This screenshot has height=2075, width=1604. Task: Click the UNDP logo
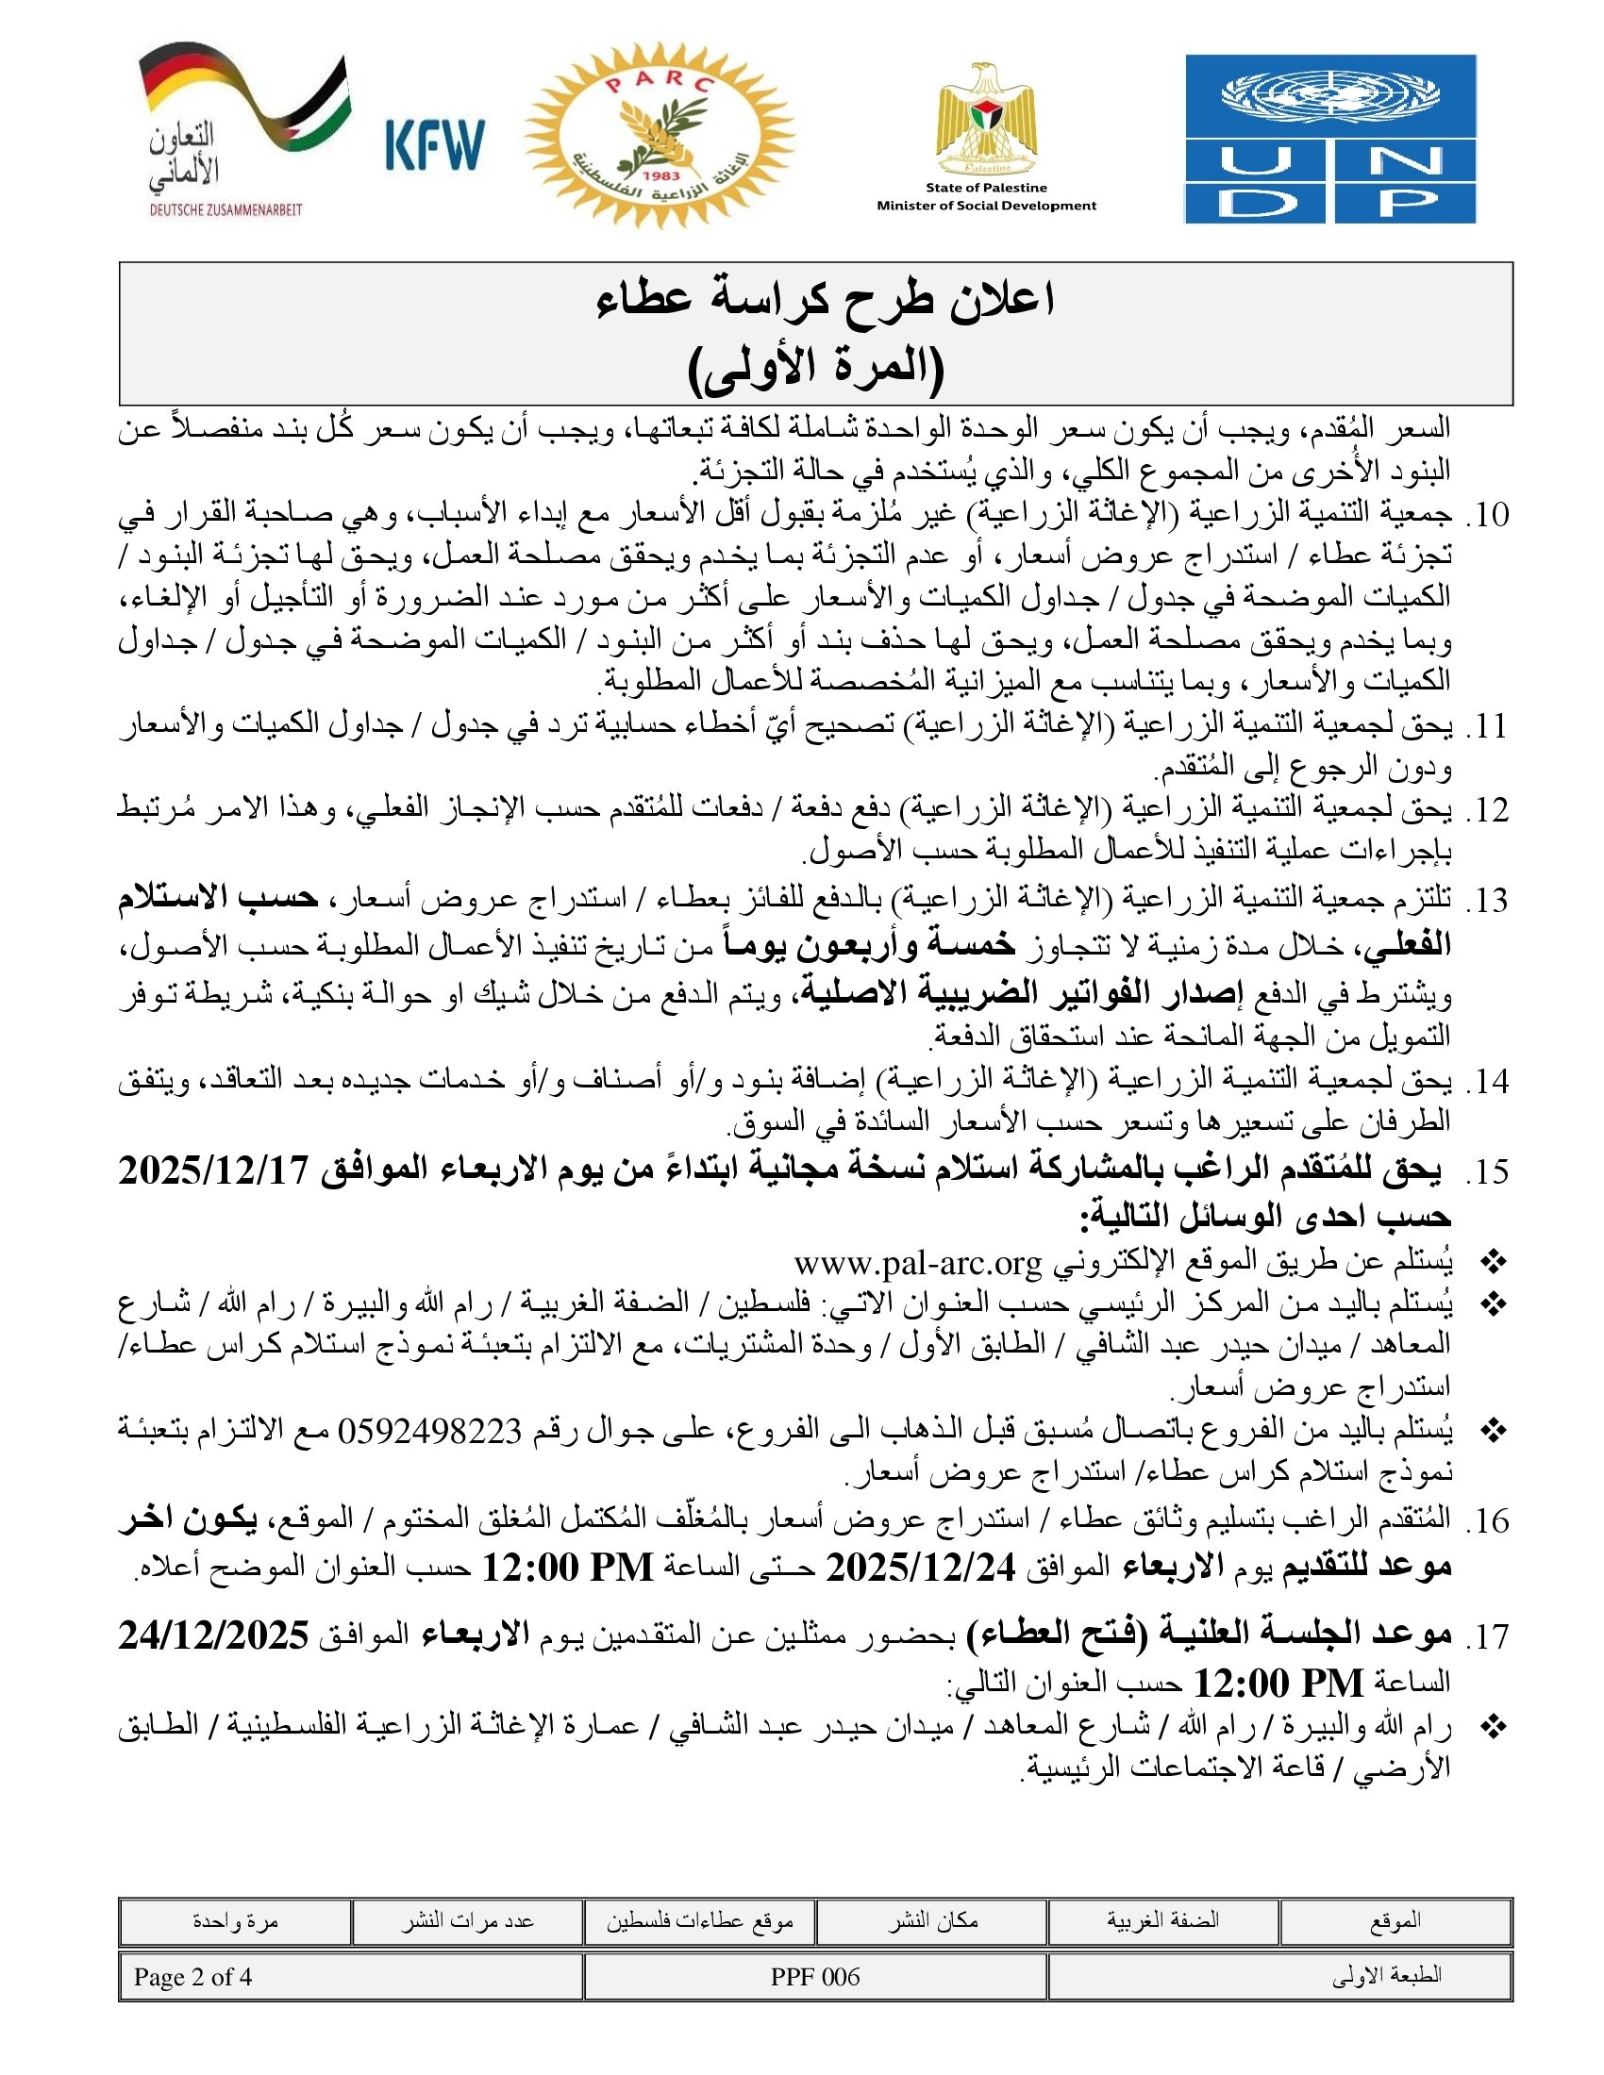point(1329,139)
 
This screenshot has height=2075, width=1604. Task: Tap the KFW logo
point(434,144)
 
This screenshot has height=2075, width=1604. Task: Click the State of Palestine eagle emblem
point(985,118)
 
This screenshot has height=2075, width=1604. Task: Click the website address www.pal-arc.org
point(918,1263)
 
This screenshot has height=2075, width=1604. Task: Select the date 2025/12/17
point(214,1171)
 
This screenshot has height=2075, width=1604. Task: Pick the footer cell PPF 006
point(815,1977)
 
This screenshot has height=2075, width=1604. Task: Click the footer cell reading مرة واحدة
point(235,1921)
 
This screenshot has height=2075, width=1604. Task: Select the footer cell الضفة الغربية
point(1162,1921)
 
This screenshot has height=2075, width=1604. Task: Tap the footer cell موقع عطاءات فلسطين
point(699,1921)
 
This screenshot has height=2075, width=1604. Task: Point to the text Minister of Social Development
point(985,206)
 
